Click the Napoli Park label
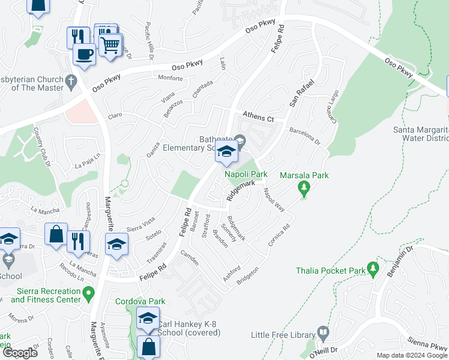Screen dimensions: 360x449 [246, 174]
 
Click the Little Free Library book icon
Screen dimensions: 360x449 [323, 332]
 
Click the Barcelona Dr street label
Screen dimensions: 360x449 [305, 133]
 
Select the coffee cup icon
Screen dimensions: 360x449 [83, 55]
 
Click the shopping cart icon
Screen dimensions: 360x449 [110, 45]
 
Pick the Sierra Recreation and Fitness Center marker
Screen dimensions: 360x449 [89, 295]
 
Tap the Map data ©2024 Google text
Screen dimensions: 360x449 [412, 355]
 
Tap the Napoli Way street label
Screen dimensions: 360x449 [273, 200]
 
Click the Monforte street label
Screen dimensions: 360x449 [170, 79]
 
